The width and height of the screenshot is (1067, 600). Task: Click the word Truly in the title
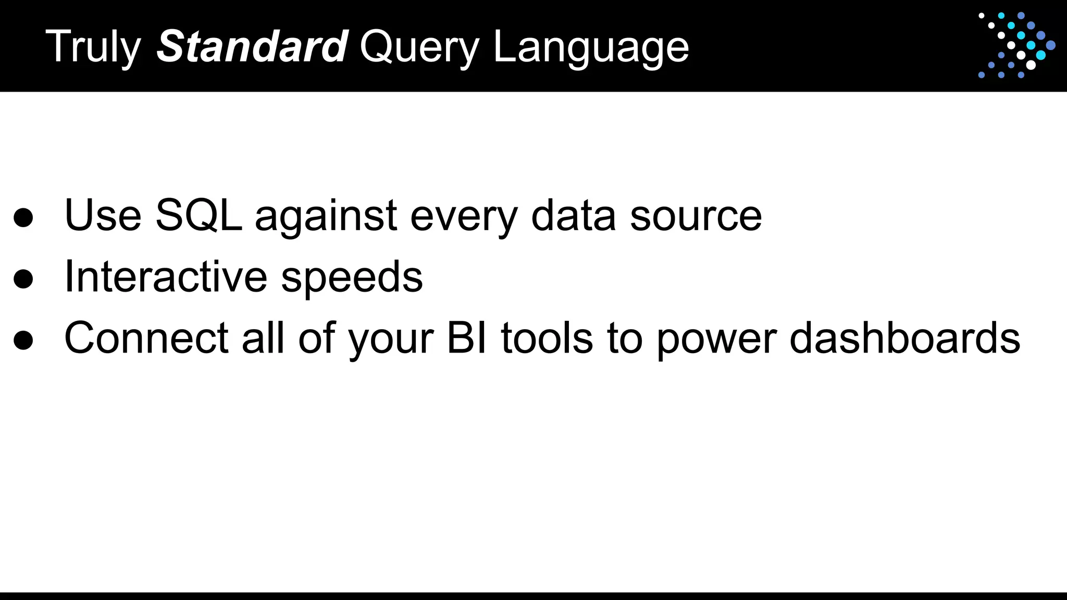point(93,47)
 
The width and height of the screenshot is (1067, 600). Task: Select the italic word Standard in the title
point(252,46)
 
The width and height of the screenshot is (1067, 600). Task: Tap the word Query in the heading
point(419,47)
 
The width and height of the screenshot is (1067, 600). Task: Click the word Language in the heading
point(591,47)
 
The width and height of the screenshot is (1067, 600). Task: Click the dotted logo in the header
point(1016,45)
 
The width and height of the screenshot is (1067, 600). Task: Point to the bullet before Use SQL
point(23,218)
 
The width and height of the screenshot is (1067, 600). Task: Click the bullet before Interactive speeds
point(23,279)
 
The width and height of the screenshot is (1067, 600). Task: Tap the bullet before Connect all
point(23,340)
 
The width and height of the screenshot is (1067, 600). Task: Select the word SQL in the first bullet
point(198,215)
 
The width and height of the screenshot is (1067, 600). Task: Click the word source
point(696,216)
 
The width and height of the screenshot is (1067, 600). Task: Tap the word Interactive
point(166,277)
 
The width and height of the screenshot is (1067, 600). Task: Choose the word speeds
point(352,278)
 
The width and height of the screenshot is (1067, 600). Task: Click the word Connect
point(146,338)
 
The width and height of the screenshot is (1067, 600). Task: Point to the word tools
point(547,338)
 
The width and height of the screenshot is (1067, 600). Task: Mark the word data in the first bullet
point(573,215)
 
